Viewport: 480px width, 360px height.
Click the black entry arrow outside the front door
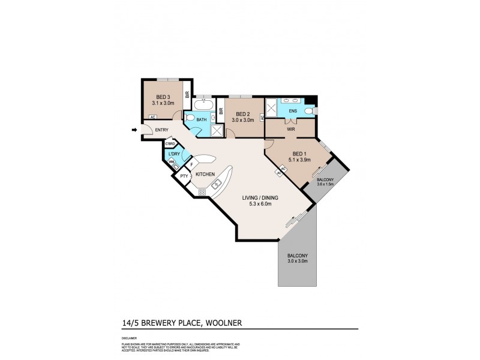coord(134,128)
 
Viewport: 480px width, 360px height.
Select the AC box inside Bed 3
coord(152,117)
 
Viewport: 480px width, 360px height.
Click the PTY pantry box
coord(185,176)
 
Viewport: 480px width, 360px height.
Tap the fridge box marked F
coord(191,164)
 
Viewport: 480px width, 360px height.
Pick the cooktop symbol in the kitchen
coord(202,192)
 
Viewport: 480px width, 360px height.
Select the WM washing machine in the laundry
coord(171,161)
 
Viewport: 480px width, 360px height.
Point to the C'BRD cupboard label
coord(170,145)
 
